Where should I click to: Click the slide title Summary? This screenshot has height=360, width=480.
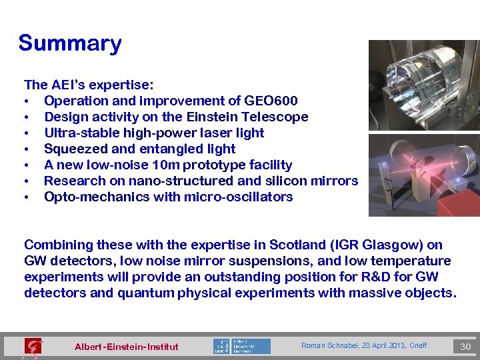70,43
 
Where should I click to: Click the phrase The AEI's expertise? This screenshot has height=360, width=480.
89,85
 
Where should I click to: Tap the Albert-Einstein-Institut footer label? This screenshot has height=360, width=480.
127,347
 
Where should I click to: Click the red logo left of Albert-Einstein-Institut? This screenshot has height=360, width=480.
33,346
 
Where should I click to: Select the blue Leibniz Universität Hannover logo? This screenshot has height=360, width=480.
242,346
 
